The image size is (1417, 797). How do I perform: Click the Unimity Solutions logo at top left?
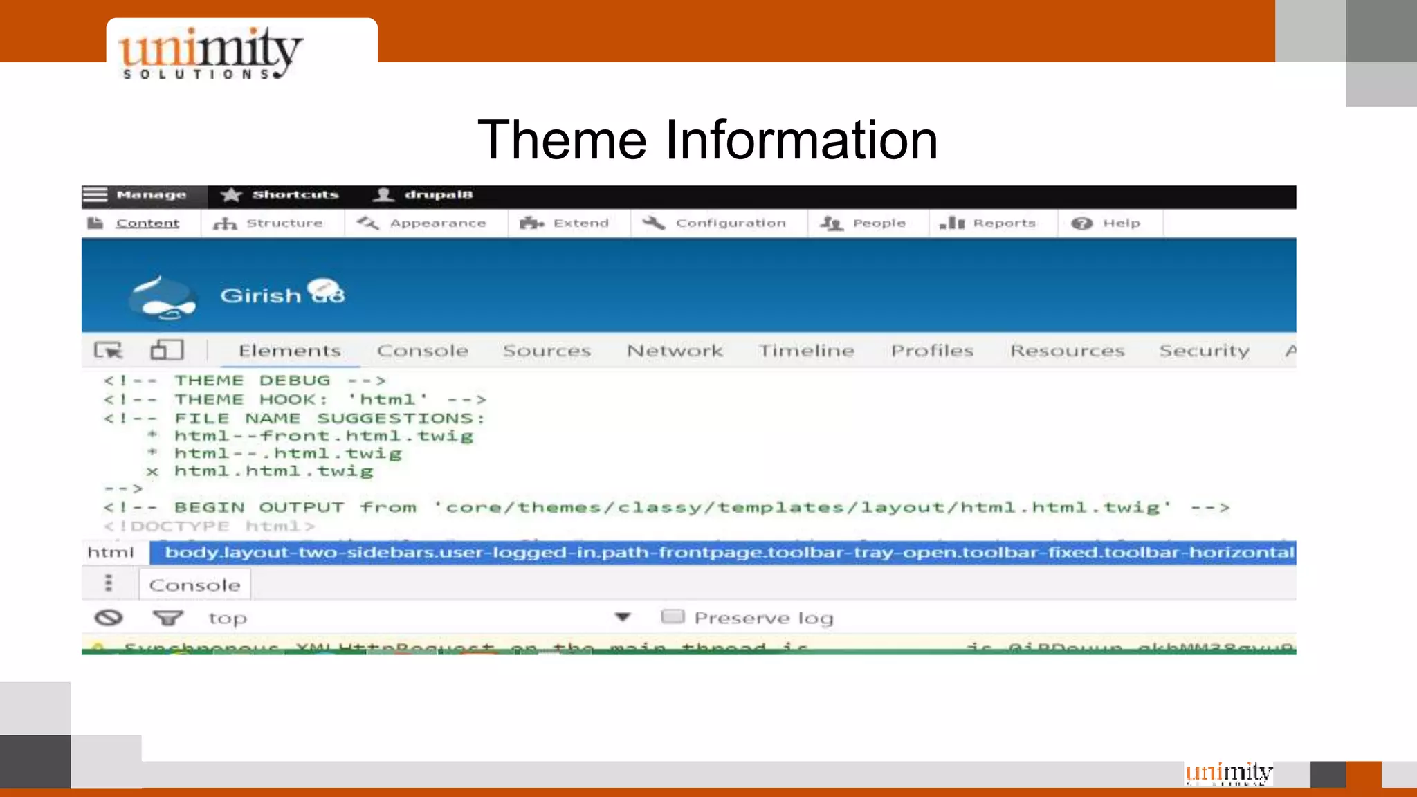210,53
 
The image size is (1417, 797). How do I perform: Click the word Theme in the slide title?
562,140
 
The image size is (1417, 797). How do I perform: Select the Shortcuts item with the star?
280,195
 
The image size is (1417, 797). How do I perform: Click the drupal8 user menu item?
423,195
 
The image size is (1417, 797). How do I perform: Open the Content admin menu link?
147,223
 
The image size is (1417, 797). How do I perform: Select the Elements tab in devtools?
289,351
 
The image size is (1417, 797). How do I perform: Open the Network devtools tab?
675,351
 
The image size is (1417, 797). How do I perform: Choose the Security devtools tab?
1204,351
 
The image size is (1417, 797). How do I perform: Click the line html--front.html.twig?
323,436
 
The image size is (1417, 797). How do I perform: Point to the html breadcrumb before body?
111,552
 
